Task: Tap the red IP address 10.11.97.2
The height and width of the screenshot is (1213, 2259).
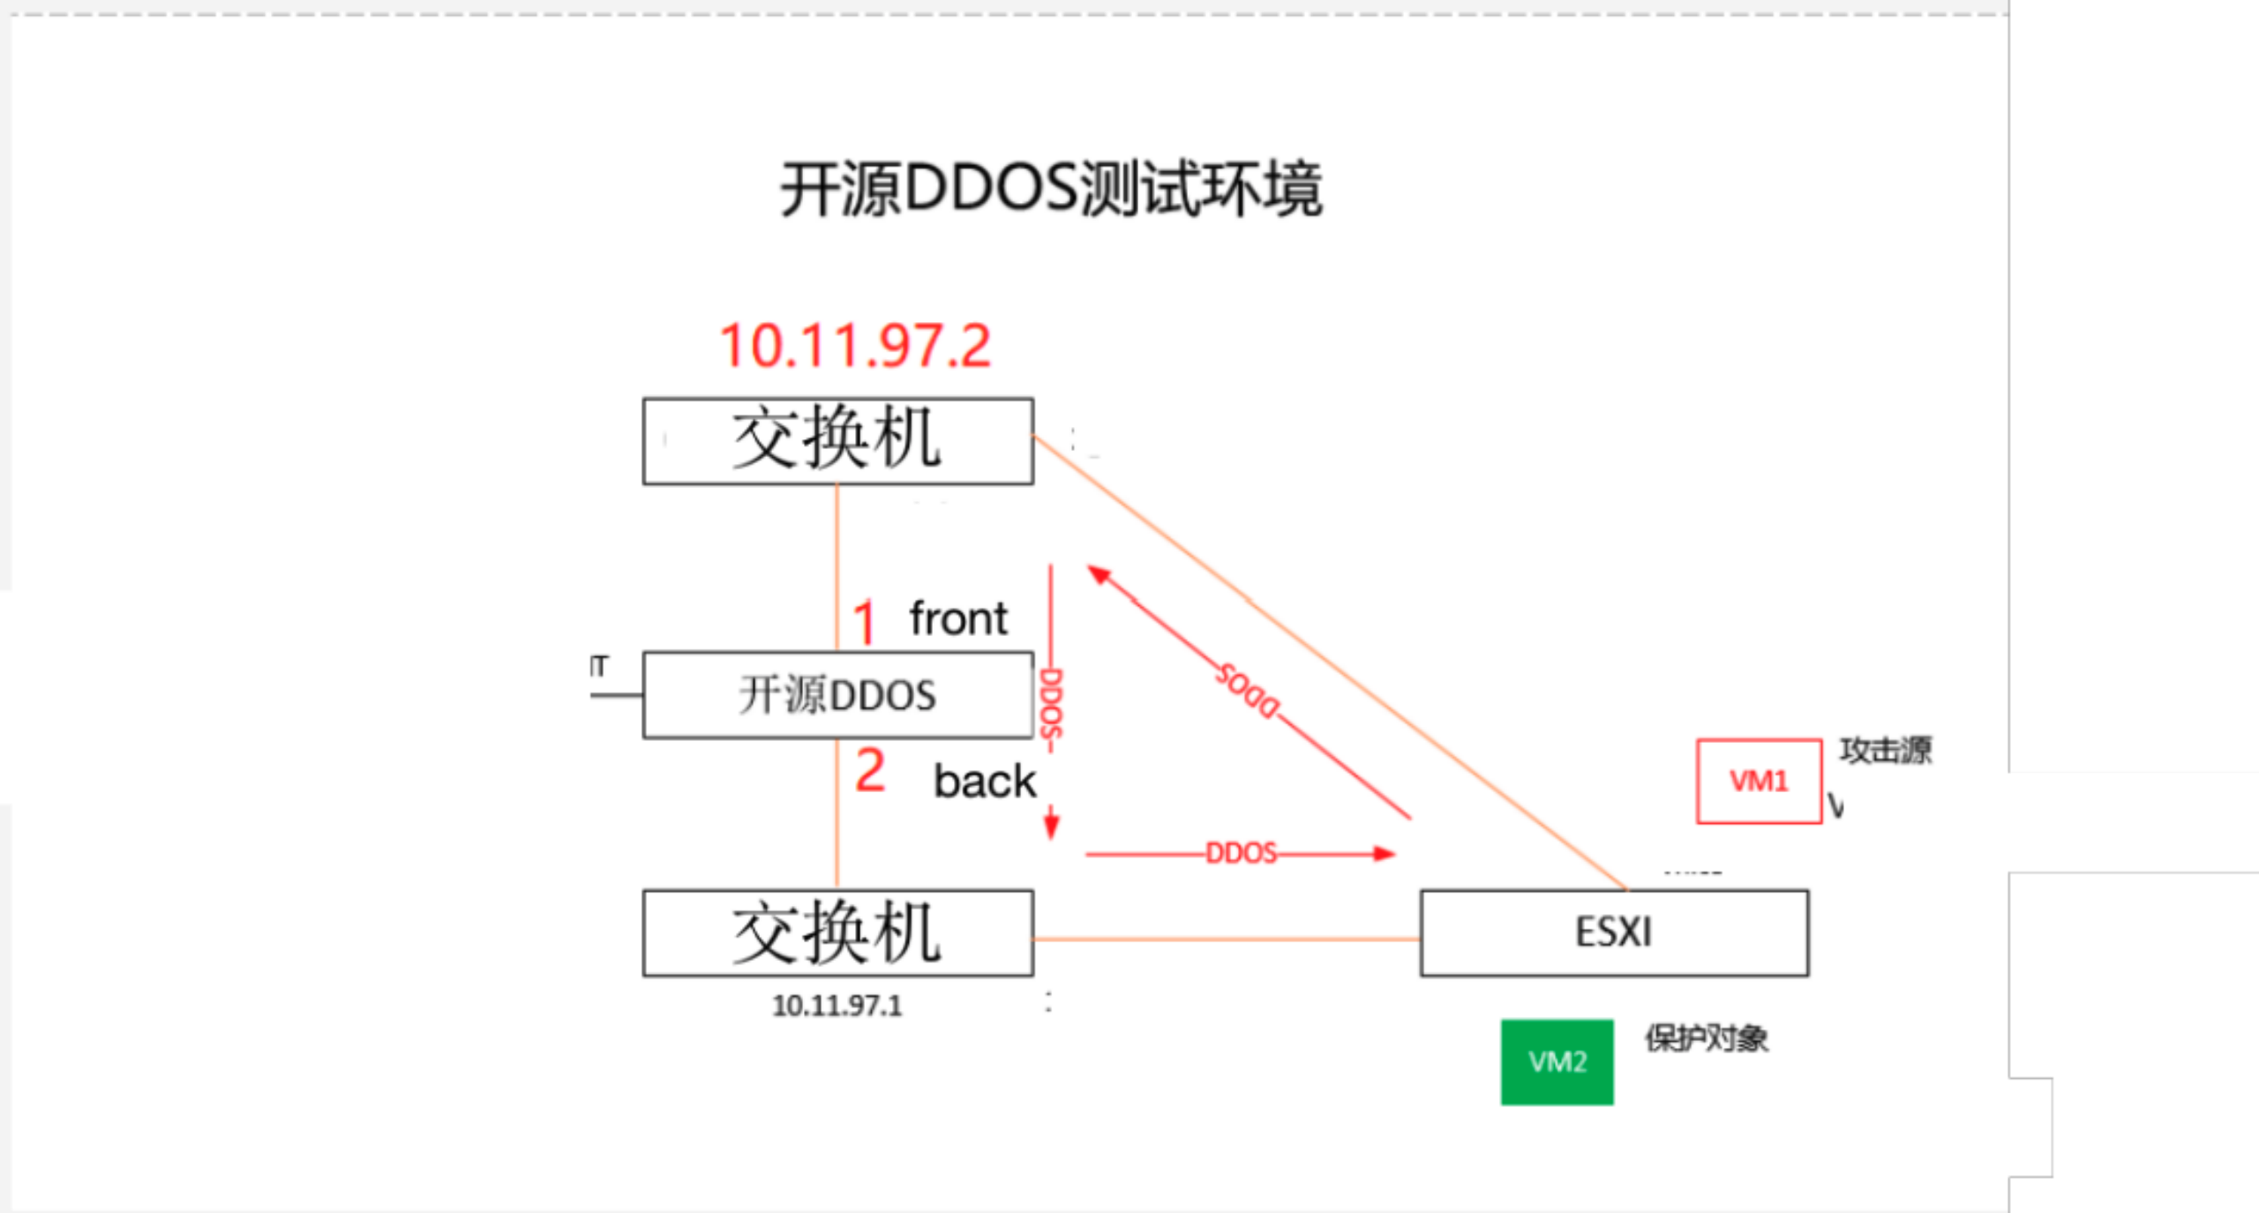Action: click(855, 345)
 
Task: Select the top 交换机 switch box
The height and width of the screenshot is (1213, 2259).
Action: click(837, 440)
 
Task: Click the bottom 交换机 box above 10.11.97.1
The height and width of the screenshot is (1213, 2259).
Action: click(837, 932)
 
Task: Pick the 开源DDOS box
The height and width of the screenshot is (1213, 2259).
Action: click(837, 695)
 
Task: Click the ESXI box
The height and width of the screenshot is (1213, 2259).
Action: click(1614, 932)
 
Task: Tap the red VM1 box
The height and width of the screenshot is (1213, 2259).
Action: click(1759, 782)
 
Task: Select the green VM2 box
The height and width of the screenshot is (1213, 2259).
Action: click(1557, 1062)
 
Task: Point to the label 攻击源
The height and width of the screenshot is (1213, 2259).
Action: click(1886, 751)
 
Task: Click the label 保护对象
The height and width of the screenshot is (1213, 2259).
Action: click(1707, 1038)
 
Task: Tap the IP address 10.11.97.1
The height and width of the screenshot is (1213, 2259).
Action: click(837, 1006)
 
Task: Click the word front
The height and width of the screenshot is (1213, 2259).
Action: click(958, 618)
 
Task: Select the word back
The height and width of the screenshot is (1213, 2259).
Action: click(985, 782)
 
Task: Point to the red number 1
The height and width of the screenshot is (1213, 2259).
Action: click(864, 622)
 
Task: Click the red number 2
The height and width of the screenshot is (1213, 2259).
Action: click(870, 771)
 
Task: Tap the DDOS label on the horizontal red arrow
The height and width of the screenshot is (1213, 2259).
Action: click(1241, 853)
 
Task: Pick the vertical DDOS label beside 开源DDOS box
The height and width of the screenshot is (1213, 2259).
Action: click(1051, 704)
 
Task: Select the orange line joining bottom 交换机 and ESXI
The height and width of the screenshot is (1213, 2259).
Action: click(1227, 940)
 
